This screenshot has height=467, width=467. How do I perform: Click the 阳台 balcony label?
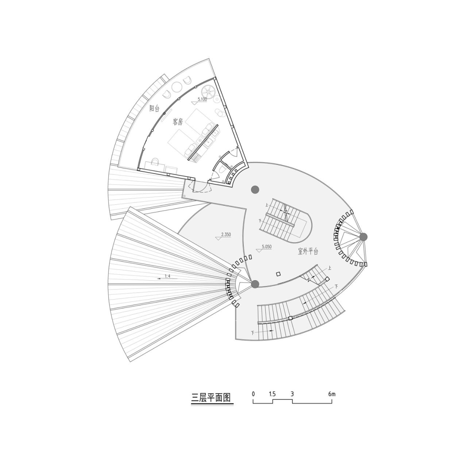[x=155, y=108]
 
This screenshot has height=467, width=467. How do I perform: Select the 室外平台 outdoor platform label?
[x=308, y=251]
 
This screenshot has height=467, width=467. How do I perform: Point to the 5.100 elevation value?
[x=202, y=99]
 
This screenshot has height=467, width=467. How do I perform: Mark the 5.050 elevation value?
[x=266, y=247]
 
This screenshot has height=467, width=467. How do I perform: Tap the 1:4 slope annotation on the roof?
[x=167, y=276]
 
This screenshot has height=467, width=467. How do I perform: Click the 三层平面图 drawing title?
[x=212, y=397]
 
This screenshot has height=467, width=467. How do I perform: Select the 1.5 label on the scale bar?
[x=272, y=394]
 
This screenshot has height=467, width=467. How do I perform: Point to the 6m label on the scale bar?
[x=331, y=394]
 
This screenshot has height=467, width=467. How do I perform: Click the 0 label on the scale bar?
[x=253, y=394]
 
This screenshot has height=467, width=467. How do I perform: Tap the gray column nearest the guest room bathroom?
[x=255, y=189]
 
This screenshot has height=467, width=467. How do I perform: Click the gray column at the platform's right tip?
[x=363, y=237]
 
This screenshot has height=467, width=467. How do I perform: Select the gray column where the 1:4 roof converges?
[x=255, y=284]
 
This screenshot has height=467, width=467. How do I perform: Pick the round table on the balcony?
[x=177, y=87]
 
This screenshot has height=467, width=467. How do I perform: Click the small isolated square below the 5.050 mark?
[x=278, y=274]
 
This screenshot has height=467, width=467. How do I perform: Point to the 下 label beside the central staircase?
[x=260, y=221]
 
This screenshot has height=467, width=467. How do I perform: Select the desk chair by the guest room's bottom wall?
[x=155, y=161]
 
